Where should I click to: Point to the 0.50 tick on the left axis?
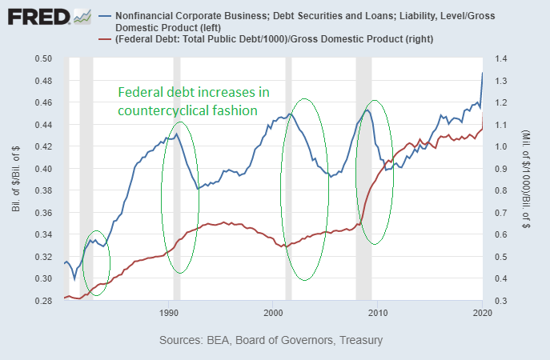42,59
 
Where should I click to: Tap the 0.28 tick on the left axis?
42,301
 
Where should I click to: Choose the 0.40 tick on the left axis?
42,169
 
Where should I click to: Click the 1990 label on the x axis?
169,311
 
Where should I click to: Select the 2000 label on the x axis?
273,311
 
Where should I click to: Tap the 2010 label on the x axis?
378,311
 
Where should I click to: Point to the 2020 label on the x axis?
482,311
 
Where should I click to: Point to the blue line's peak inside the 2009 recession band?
367,110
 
